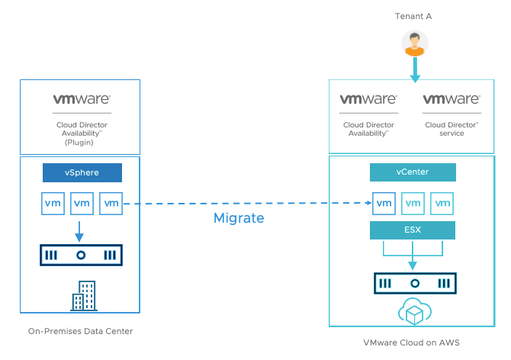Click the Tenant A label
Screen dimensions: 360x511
tap(413, 16)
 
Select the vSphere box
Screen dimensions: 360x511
tap(82, 173)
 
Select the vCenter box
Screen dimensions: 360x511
tap(412, 172)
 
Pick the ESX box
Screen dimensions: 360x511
tap(412, 230)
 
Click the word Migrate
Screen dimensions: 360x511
tap(238, 218)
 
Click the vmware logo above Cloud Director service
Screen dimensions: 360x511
tap(452, 100)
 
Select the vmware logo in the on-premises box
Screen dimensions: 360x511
tap(82, 99)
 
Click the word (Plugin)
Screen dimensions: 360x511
tap(80, 142)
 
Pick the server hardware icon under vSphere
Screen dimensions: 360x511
tap(82, 255)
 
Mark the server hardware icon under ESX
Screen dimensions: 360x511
tap(413, 283)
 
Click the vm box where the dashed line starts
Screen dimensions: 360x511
tap(111, 204)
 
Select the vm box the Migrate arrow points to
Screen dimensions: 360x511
tap(384, 204)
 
